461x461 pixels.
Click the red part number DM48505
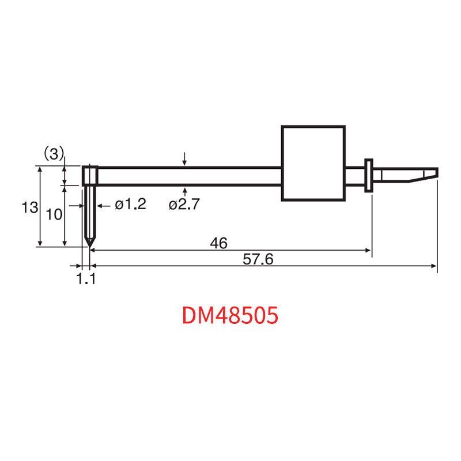[230, 315]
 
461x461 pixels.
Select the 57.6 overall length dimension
[258, 259]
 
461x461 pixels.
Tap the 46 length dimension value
[219, 243]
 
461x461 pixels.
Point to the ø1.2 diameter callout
[131, 204]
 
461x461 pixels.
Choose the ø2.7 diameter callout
[184, 204]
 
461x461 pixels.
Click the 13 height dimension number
[30, 207]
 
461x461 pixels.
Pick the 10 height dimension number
[54, 214]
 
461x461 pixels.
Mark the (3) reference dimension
[54, 153]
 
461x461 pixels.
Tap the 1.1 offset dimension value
[86, 279]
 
